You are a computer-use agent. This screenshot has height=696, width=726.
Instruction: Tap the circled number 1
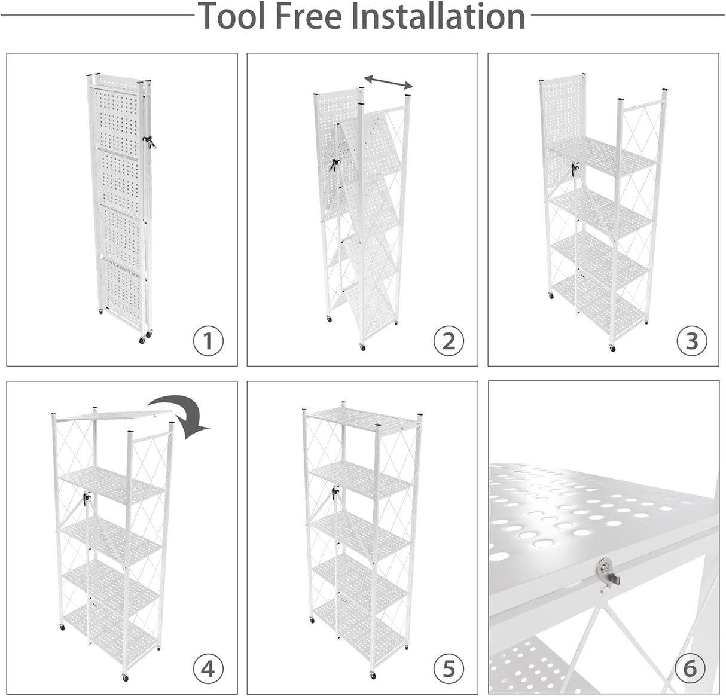208,341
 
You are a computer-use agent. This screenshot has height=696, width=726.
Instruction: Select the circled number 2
449,341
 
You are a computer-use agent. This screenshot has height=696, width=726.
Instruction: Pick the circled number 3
691,341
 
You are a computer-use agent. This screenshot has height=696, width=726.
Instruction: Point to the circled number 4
208,668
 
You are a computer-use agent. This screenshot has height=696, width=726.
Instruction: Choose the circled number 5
449,668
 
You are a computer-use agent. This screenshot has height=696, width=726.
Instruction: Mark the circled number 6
690,668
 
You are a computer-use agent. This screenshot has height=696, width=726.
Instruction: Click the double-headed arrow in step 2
389,81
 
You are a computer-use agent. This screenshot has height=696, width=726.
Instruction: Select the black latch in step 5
335,493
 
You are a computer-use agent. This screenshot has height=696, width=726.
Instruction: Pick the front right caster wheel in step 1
142,339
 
